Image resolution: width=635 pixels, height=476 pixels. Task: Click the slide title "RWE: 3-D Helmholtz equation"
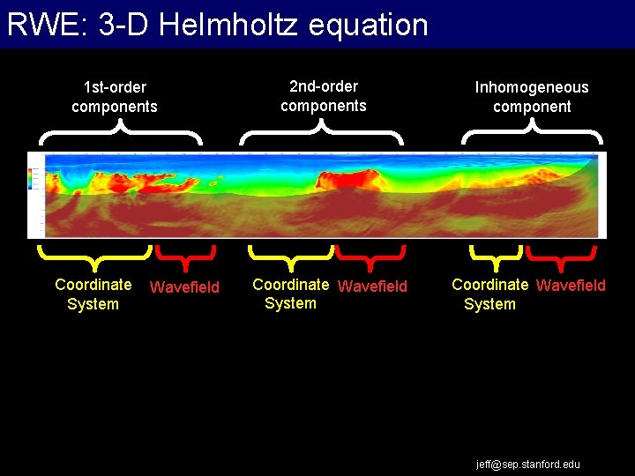coord(217,25)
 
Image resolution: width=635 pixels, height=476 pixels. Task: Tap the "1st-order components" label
coord(115,97)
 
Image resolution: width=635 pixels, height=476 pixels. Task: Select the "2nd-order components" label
coord(324,96)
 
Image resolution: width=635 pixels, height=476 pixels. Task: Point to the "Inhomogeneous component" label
coord(532,97)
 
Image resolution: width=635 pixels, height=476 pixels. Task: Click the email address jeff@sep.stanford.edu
coord(528,464)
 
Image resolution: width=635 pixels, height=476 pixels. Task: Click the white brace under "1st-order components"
coord(121,134)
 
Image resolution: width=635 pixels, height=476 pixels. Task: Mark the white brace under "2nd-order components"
coord(322,134)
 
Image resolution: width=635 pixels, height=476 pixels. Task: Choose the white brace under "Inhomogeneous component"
coord(532,134)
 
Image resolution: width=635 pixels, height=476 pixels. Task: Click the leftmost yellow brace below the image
coord(94,257)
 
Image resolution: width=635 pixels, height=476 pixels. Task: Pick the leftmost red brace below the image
coord(185,257)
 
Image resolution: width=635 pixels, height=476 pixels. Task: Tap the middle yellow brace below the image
coord(290,257)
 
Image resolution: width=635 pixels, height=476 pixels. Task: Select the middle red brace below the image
coord(370,257)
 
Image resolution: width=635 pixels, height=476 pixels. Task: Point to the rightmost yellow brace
coord(496,257)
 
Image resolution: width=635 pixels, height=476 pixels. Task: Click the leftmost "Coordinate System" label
coord(93,294)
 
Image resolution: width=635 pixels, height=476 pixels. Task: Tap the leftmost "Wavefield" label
coord(185,286)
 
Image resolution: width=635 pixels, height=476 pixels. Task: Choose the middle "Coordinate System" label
coord(290,294)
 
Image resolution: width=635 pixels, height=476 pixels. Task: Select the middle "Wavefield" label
coord(373,286)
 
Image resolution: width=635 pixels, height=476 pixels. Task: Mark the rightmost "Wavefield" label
coord(571,286)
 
